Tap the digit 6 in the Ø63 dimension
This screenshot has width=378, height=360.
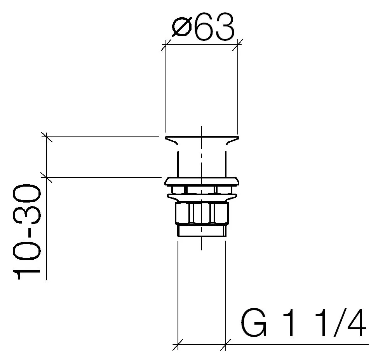(204, 26)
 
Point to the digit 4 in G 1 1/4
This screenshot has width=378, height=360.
(356, 322)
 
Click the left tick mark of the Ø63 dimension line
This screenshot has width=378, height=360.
(165, 45)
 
